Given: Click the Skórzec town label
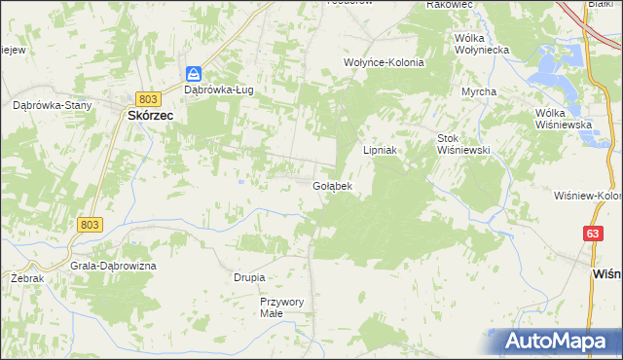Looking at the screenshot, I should point(150,115).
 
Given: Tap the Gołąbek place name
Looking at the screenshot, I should point(331,185).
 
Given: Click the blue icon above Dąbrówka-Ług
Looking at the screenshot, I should point(194,74).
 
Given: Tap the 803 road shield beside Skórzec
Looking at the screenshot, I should point(148,99).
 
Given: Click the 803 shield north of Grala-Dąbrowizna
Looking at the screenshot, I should point(89,225).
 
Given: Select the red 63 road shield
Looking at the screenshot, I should point(593,234).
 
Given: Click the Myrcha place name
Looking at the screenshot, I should point(479,91).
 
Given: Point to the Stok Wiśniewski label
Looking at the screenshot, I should point(462,144).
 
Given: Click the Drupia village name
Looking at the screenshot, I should point(249,277).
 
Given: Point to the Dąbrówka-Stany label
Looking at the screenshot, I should point(51,104).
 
